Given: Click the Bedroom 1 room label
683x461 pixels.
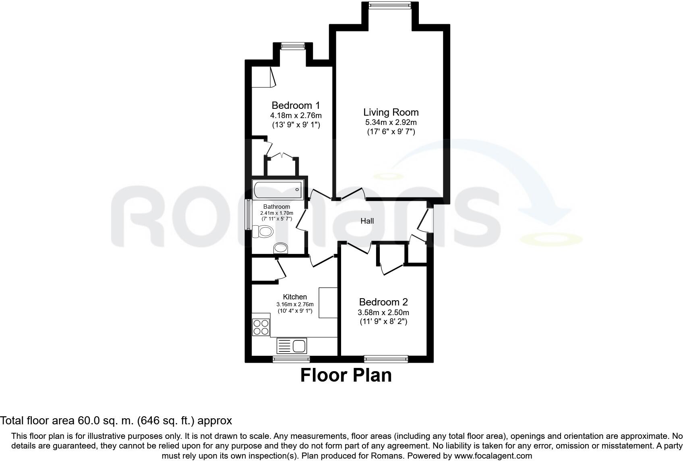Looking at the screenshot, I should [296, 106].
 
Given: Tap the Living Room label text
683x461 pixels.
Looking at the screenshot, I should [391, 112].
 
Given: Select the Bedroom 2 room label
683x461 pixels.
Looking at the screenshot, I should [383, 302].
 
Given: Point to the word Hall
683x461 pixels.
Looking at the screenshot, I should [367, 221].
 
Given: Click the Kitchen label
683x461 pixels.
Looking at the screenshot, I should [295, 297].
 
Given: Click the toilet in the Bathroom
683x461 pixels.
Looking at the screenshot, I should [263, 231].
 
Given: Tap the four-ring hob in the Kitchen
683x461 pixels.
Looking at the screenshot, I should [261, 327].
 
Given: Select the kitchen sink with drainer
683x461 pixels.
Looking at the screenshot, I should [292, 346].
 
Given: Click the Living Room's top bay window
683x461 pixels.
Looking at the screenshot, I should [389, 5].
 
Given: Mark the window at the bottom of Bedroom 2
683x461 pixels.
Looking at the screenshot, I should [386, 359].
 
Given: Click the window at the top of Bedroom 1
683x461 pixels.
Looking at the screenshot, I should [293, 46].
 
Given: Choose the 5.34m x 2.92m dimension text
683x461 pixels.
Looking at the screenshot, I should [391, 123].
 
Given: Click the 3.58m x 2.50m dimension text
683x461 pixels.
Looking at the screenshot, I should [383, 313].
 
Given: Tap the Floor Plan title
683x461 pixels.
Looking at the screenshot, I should [346, 375].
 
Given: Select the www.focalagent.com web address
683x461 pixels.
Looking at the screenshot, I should [493, 456].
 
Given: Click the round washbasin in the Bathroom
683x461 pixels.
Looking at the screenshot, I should [281, 248].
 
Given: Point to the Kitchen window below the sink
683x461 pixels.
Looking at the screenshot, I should [291, 359].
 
